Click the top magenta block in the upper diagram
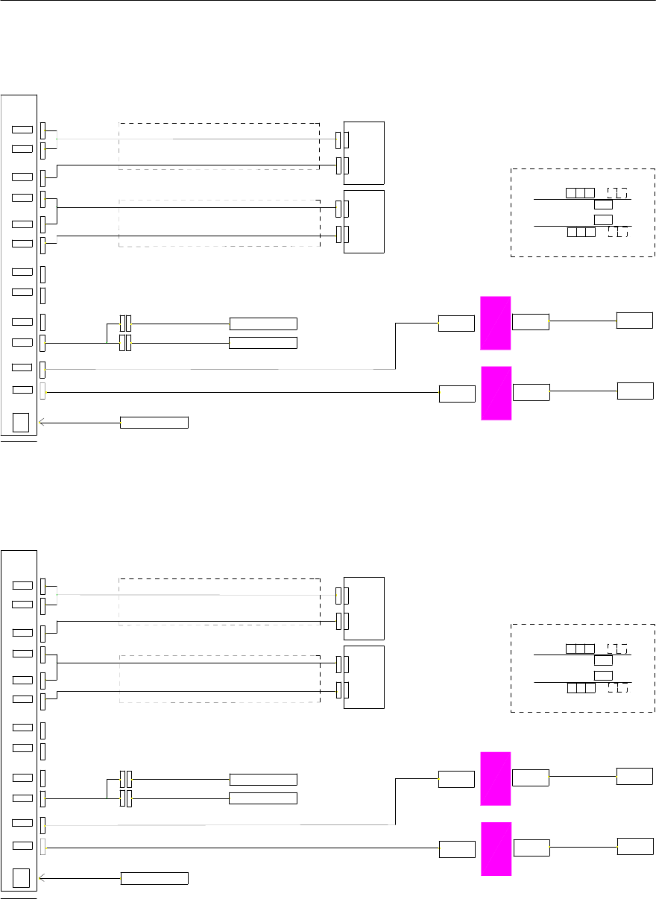496,323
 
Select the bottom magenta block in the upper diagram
496,393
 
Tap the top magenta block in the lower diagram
496,778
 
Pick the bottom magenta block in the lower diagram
496,848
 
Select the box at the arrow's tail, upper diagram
154,423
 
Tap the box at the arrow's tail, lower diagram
154,878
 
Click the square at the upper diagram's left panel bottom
22,422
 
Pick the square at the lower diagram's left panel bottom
22,877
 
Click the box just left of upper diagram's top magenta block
456,324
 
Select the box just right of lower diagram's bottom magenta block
532,848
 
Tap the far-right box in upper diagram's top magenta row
634,321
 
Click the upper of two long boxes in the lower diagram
263,779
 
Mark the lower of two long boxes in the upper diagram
263,343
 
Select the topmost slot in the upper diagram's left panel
22,130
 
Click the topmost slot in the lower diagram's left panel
22,585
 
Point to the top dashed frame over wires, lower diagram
219,601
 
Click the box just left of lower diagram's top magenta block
456,779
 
